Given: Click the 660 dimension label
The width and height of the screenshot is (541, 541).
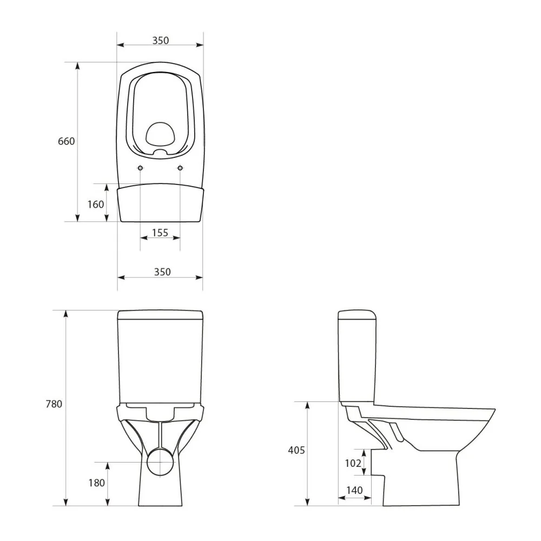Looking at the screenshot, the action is tap(66, 141).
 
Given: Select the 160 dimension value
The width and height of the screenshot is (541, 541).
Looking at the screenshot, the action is tap(96, 204).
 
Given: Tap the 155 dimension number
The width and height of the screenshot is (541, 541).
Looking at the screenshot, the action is tap(160, 233).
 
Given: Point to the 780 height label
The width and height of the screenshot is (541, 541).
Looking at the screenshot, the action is tap(54, 404).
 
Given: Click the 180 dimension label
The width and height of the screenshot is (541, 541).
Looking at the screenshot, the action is tap(97, 483).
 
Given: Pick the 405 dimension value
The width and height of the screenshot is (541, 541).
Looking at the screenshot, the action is tap(296, 450).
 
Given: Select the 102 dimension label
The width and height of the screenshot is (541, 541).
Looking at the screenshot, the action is tap(353, 463).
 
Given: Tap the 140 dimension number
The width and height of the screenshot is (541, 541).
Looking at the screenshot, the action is tap(354, 490).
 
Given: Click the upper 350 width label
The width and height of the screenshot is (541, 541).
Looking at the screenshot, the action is tap(161, 41).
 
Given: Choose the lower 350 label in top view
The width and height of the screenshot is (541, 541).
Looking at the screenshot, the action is tap(162, 272).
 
